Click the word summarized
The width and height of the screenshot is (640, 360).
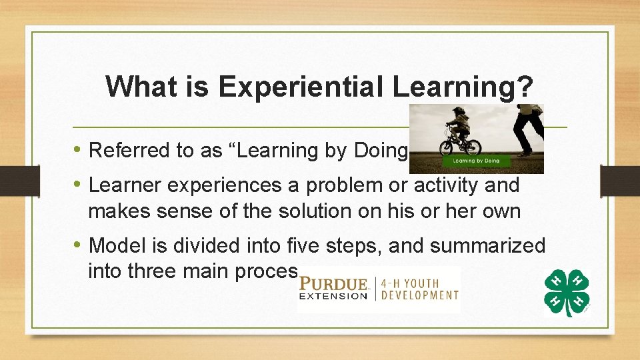point(487,245)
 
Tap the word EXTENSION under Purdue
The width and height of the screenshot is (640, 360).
point(333,296)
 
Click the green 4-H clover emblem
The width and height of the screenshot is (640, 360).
point(567,292)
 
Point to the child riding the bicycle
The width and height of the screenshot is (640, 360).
point(459,131)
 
